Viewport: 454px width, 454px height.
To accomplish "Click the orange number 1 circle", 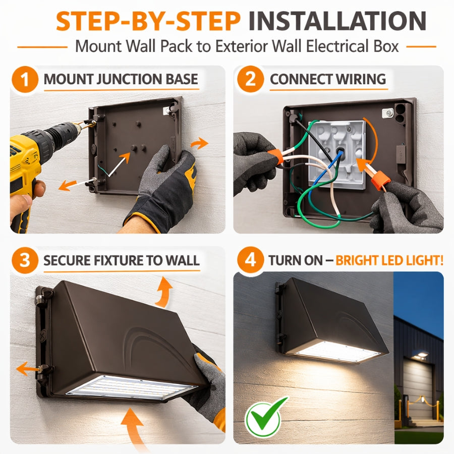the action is (25, 79).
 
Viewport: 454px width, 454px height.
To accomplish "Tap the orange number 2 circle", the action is (250, 79).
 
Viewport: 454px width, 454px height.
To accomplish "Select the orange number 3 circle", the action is (25, 260).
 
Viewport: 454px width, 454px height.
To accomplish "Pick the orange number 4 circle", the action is (250, 260).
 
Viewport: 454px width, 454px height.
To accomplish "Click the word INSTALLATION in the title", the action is (337, 21).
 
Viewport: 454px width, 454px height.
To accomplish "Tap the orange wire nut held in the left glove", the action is (275, 155).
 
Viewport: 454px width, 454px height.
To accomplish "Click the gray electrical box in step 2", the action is (337, 154).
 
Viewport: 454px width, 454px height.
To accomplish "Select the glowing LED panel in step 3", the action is (132, 387).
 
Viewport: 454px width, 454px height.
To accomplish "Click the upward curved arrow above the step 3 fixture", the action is (163, 292).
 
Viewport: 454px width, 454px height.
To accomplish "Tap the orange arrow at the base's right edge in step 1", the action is (199, 143).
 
